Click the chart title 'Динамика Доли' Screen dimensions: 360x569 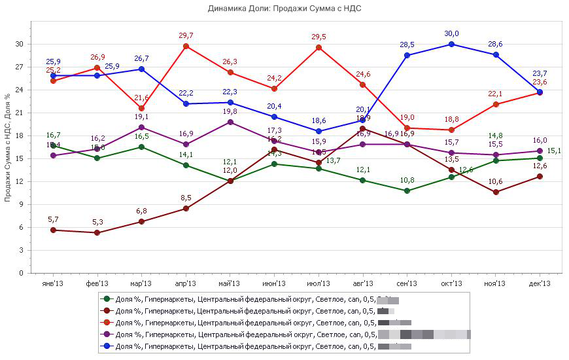(x=284, y=9)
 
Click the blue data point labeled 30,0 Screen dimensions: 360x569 (x=451, y=45)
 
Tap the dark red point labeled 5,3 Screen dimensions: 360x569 (x=97, y=232)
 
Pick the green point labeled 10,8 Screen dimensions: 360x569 (x=407, y=190)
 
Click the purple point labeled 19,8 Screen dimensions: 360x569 (x=230, y=122)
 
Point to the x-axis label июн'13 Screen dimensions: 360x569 (x=274, y=283)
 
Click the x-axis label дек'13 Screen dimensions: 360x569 (x=540, y=283)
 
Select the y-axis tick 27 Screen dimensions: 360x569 (x=20, y=67)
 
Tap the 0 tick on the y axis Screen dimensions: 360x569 (x=22, y=273)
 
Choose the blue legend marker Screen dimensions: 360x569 (x=107, y=346)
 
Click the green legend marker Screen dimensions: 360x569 (x=107, y=299)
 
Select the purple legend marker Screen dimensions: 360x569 (x=107, y=334)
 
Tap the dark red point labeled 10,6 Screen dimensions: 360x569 (x=495, y=192)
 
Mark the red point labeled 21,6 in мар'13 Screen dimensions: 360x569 (x=141, y=108)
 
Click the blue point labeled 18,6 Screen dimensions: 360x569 (x=318, y=131)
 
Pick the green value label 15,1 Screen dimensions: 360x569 (x=553, y=151)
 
